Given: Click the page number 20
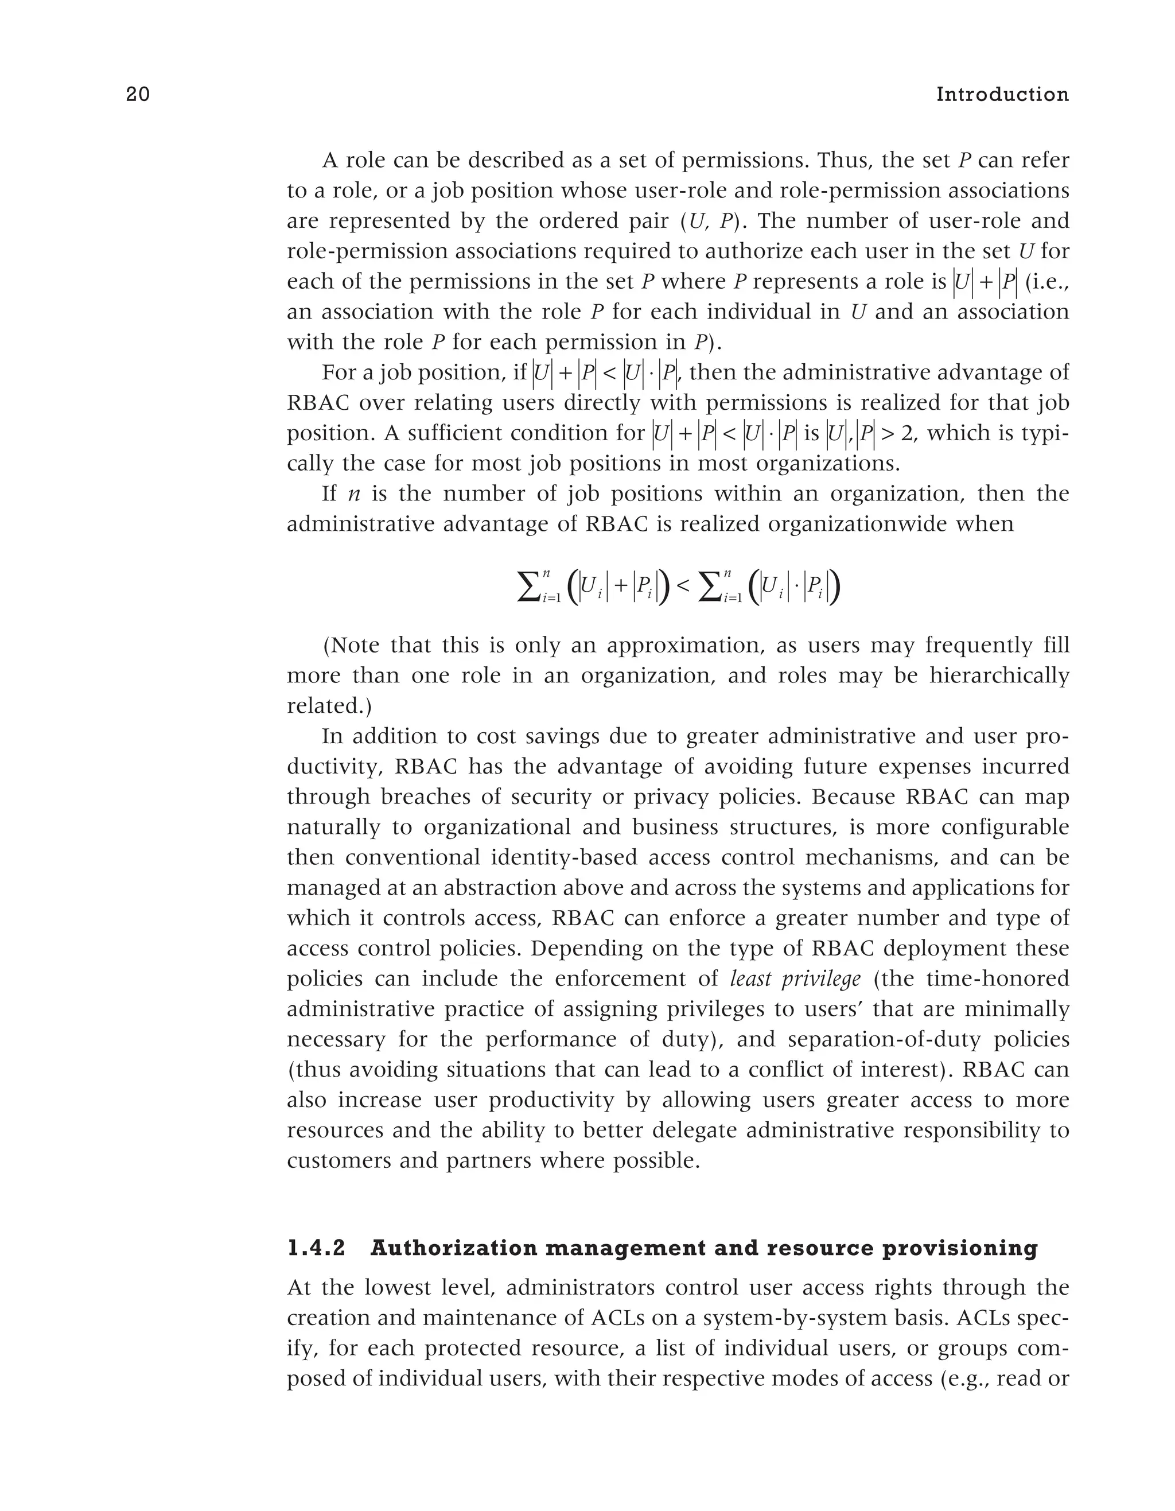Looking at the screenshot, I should [x=138, y=95].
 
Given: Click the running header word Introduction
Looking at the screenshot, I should [x=1002, y=95].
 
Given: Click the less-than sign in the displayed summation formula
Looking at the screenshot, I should [x=683, y=586].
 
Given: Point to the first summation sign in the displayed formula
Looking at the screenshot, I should [x=530, y=586].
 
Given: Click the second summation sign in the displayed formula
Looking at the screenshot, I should [x=711, y=586].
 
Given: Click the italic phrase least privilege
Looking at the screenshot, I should [x=795, y=979].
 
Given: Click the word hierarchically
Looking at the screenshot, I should [x=999, y=675].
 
